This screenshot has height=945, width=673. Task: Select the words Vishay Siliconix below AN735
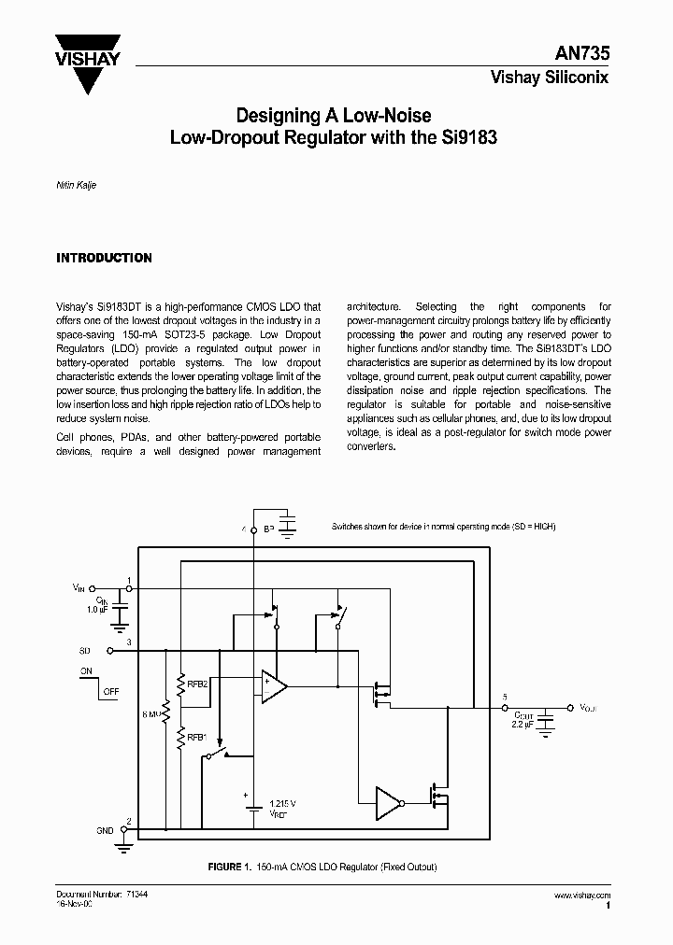pos(550,78)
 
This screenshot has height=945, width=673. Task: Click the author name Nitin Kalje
pos(77,185)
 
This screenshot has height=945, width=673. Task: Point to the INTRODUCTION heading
pos(104,258)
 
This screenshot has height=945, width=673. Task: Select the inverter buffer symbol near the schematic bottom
pos(387,801)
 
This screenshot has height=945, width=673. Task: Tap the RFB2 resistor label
pos(197,684)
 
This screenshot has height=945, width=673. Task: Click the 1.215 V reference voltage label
pos(281,803)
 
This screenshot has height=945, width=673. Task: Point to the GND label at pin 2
pos(104,830)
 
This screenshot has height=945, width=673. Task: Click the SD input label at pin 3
pos(84,648)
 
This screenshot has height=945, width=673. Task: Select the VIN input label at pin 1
pos(79,587)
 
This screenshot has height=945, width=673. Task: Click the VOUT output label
pos(586,709)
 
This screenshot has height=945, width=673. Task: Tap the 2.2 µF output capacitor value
pos(523,724)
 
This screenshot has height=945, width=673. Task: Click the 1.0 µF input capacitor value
pos(97,610)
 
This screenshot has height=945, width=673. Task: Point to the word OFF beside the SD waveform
pos(111,692)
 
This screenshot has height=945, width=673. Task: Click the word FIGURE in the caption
pos(224,867)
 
